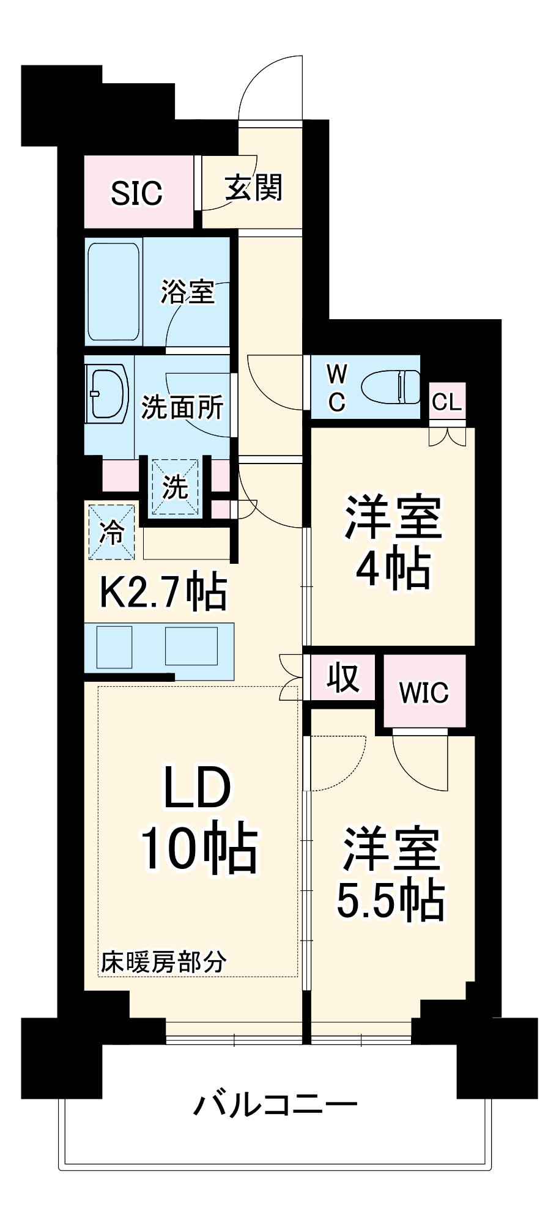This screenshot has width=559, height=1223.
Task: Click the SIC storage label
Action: (x=137, y=193)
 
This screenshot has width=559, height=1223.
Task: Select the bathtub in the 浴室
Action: (x=114, y=292)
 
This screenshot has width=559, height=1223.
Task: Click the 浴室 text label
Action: (x=188, y=292)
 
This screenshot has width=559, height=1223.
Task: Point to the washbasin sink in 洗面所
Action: (x=108, y=394)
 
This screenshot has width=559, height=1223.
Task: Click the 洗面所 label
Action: (x=182, y=407)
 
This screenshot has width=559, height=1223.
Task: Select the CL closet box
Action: (x=447, y=402)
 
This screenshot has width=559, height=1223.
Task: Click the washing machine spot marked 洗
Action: (x=175, y=487)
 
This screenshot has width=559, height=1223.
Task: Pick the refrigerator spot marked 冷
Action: (x=112, y=532)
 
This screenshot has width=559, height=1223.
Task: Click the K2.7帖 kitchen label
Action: (x=163, y=591)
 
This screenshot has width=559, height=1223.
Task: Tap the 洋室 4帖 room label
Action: (x=393, y=544)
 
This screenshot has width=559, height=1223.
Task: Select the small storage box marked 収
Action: (x=342, y=677)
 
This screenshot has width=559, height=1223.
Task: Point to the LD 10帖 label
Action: (x=198, y=818)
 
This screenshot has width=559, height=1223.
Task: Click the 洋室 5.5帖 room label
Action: (x=391, y=874)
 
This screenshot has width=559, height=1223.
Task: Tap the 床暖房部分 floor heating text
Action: (x=163, y=962)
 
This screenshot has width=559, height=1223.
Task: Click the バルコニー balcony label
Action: (x=275, y=1105)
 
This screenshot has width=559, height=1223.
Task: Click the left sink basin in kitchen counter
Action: (x=114, y=646)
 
